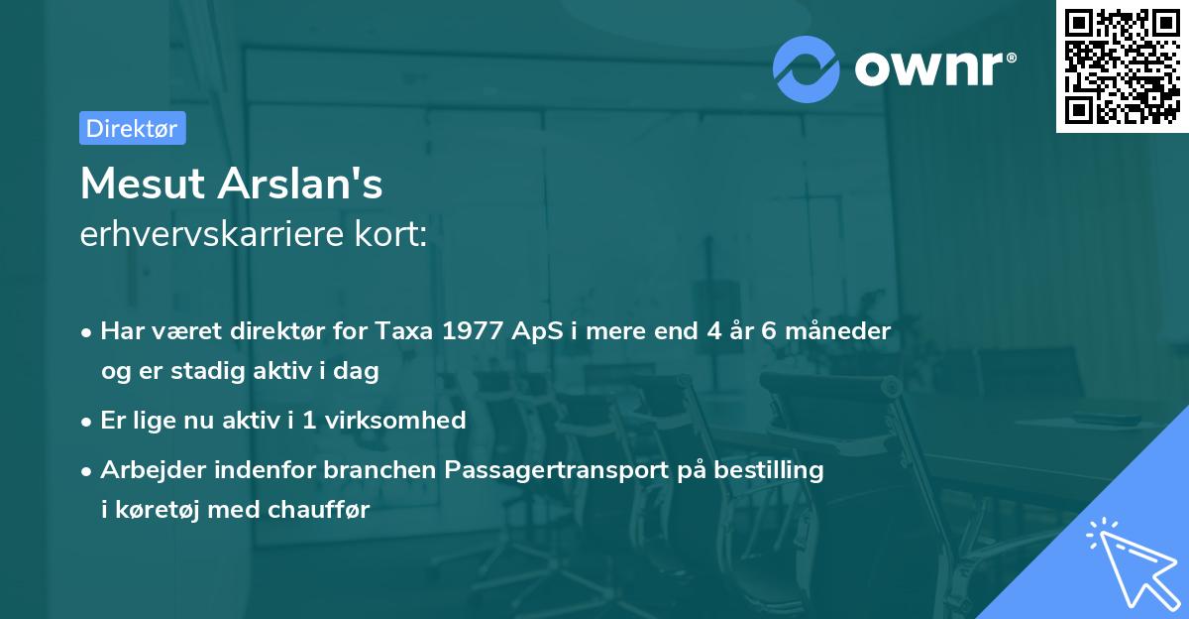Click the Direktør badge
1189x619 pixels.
click(132, 129)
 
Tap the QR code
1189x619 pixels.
click(1122, 66)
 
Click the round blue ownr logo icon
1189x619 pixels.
click(808, 67)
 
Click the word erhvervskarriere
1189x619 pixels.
click(217, 236)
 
